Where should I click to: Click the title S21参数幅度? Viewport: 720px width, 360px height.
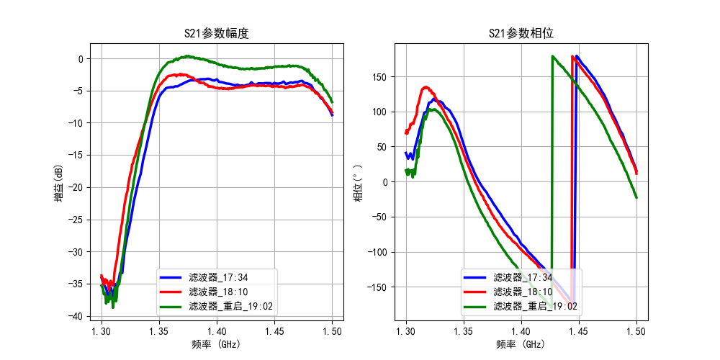coord(217,33)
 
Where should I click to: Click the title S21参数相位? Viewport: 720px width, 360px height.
coord(521,33)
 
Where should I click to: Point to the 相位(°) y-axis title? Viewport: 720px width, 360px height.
coord(358,181)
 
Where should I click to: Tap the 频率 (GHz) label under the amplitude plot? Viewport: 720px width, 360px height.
coord(217,344)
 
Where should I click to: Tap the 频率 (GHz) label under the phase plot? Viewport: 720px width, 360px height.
coord(521,344)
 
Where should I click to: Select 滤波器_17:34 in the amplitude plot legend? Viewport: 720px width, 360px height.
coord(218,277)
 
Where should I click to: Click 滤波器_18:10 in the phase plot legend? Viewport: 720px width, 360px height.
coord(523,292)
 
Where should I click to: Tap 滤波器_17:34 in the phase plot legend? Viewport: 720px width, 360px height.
coord(523,277)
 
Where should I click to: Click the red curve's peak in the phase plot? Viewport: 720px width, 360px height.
coord(426,88)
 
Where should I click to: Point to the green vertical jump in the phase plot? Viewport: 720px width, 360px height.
coord(552,180)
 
